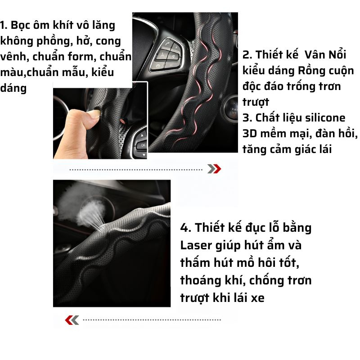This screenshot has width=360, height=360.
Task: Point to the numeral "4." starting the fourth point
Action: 186,228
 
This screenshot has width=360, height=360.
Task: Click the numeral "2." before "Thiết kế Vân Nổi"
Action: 247,55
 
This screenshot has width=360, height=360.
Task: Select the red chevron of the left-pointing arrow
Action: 69,320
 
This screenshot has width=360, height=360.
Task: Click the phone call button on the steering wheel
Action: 167,44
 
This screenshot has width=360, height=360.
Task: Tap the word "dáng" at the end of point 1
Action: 13,88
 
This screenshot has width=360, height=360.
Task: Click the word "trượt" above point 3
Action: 256,102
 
